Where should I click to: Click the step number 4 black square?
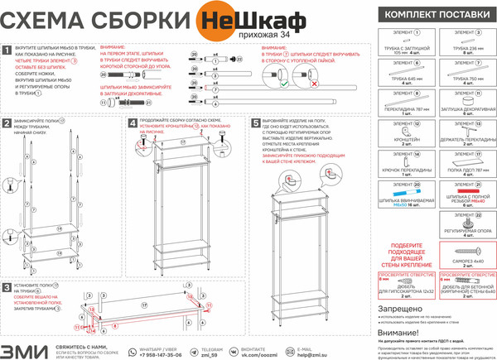point(133,122)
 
